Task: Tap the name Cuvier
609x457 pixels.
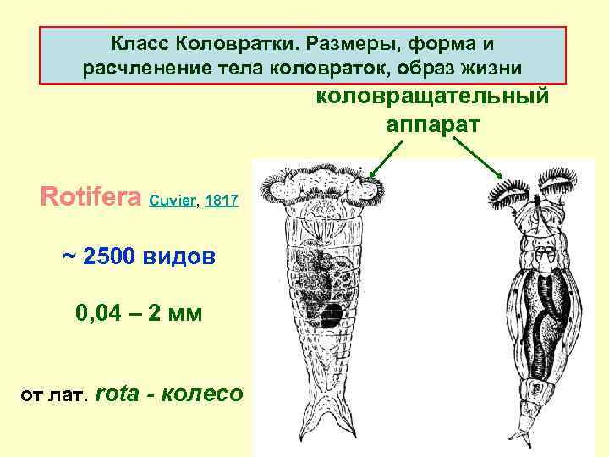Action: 173,201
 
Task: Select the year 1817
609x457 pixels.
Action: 222,201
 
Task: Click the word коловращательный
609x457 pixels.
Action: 433,96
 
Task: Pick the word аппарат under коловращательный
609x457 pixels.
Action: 433,124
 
